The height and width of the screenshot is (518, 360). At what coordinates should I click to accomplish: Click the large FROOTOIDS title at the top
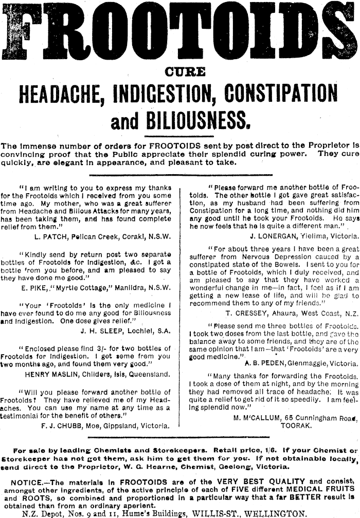(180, 31)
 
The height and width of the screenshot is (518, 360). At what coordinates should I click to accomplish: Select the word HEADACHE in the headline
(55, 94)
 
